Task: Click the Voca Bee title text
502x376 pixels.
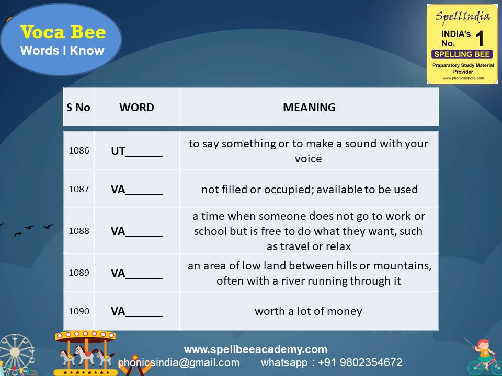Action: [x=63, y=32]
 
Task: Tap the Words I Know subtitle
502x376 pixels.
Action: [x=62, y=51]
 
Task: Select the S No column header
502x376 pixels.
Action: [x=78, y=108]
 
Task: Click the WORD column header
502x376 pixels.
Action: [x=136, y=108]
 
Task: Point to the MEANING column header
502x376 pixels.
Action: [x=309, y=108]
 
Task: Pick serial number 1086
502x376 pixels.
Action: [x=79, y=150]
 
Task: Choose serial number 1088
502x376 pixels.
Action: [x=79, y=231]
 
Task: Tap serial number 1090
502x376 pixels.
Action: [x=79, y=311]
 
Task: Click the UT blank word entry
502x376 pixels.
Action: [x=136, y=151]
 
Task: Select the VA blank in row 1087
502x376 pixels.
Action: [x=136, y=190]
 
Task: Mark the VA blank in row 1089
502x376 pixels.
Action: [x=136, y=273]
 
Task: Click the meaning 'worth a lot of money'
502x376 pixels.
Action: [x=309, y=311]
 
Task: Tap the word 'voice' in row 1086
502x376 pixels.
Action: [x=309, y=159]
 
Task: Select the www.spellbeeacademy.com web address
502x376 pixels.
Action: [x=255, y=349]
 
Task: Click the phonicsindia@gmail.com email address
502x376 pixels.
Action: [x=179, y=362]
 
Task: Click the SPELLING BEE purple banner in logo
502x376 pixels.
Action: [x=462, y=54]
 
